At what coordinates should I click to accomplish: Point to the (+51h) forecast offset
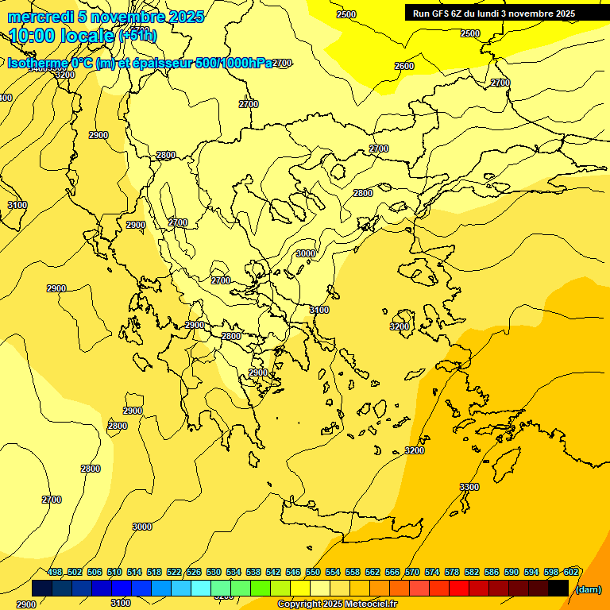(137, 36)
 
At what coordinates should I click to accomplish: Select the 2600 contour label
(404, 66)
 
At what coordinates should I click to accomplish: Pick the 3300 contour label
(469, 487)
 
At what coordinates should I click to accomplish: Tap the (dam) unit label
(588, 589)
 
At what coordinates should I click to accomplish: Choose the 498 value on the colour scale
(55, 573)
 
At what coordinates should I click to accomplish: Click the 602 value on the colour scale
(571, 573)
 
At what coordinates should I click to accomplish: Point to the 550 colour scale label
(313, 573)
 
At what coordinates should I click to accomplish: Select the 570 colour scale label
(412, 573)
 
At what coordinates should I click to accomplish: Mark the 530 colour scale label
(214, 573)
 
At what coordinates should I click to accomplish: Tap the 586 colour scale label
(492, 573)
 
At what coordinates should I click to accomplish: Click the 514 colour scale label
(134, 573)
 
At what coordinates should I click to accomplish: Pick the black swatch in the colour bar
(559, 588)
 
